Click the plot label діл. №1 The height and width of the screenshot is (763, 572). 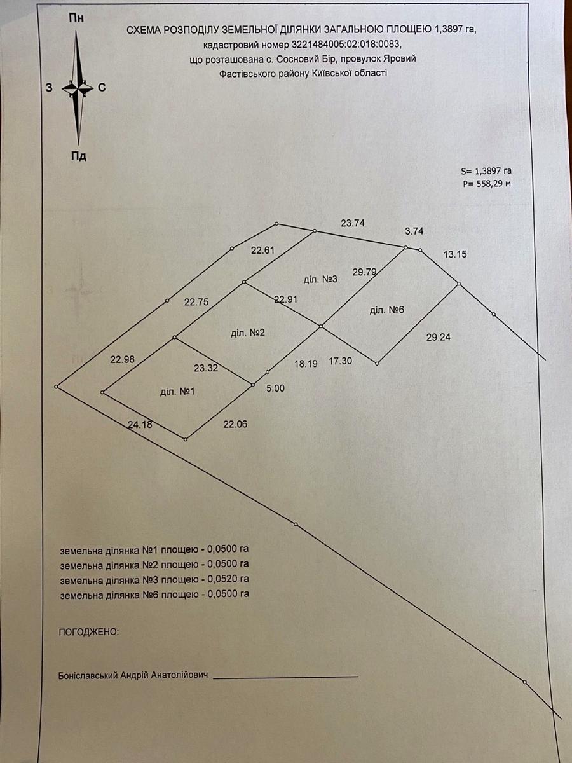(177, 392)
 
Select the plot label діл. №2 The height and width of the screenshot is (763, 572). (248, 333)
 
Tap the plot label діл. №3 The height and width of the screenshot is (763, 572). (320, 279)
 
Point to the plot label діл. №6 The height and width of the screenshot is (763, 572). (387, 310)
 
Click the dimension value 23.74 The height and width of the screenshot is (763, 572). (353, 223)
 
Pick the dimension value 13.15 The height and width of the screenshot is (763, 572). (455, 254)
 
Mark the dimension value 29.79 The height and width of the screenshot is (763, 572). (364, 272)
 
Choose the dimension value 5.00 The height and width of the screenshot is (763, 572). (275, 388)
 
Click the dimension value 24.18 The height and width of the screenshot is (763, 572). (140, 424)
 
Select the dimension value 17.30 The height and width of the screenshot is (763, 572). (341, 361)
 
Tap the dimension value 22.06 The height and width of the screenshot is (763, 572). (235, 424)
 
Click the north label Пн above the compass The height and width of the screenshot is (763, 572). (76, 18)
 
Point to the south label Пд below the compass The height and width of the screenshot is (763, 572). (78, 156)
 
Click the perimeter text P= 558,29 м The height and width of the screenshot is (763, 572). (487, 184)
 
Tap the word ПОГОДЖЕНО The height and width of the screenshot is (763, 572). (89, 631)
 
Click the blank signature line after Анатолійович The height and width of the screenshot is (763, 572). (285, 677)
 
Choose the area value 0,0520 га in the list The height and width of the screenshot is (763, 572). (228, 579)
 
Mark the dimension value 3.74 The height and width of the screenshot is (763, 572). (414, 231)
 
